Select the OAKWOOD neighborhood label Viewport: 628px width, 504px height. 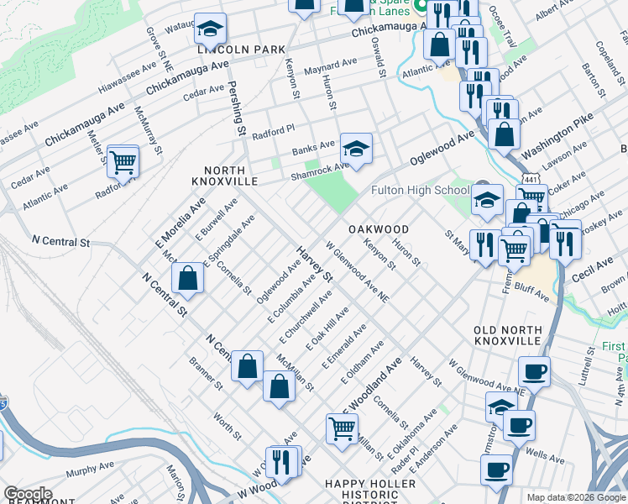tap(379, 229)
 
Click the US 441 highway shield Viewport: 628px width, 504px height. tap(530, 180)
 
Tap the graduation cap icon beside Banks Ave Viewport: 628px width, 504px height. tap(356, 149)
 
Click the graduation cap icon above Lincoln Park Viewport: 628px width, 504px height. tap(209, 29)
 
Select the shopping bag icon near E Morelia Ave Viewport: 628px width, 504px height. tap(188, 278)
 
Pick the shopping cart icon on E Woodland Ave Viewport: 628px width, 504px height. tap(342, 428)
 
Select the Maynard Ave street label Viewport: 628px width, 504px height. tap(332, 65)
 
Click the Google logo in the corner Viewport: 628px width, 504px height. tap(28, 494)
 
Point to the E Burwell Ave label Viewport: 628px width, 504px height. tap(217, 218)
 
